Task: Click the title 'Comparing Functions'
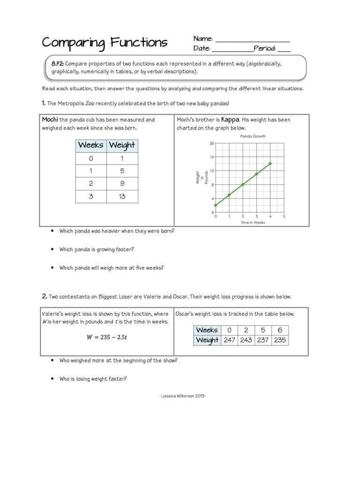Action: pyautogui.click(x=105, y=43)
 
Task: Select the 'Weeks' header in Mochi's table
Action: pyautogui.click(x=91, y=145)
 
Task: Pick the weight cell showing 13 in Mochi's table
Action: pyautogui.click(x=122, y=196)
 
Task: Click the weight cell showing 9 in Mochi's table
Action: pyautogui.click(x=122, y=184)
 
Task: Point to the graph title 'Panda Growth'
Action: pyautogui.click(x=253, y=136)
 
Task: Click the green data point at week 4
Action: pyautogui.click(x=270, y=164)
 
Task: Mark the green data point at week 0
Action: pyautogui.click(x=216, y=205)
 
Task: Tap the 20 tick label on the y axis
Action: pyautogui.click(x=211, y=143)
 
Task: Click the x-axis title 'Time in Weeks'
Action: pyautogui.click(x=253, y=222)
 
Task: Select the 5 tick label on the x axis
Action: pyautogui.click(x=284, y=217)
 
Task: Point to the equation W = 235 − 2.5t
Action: pyautogui.click(x=107, y=336)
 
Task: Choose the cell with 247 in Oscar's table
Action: pyautogui.click(x=229, y=340)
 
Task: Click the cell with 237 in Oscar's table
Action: pyautogui.click(x=263, y=340)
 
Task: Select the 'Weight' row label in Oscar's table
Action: pyautogui.click(x=207, y=340)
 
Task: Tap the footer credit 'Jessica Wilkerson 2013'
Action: pyautogui.click(x=183, y=396)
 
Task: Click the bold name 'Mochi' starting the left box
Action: pyautogui.click(x=50, y=120)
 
